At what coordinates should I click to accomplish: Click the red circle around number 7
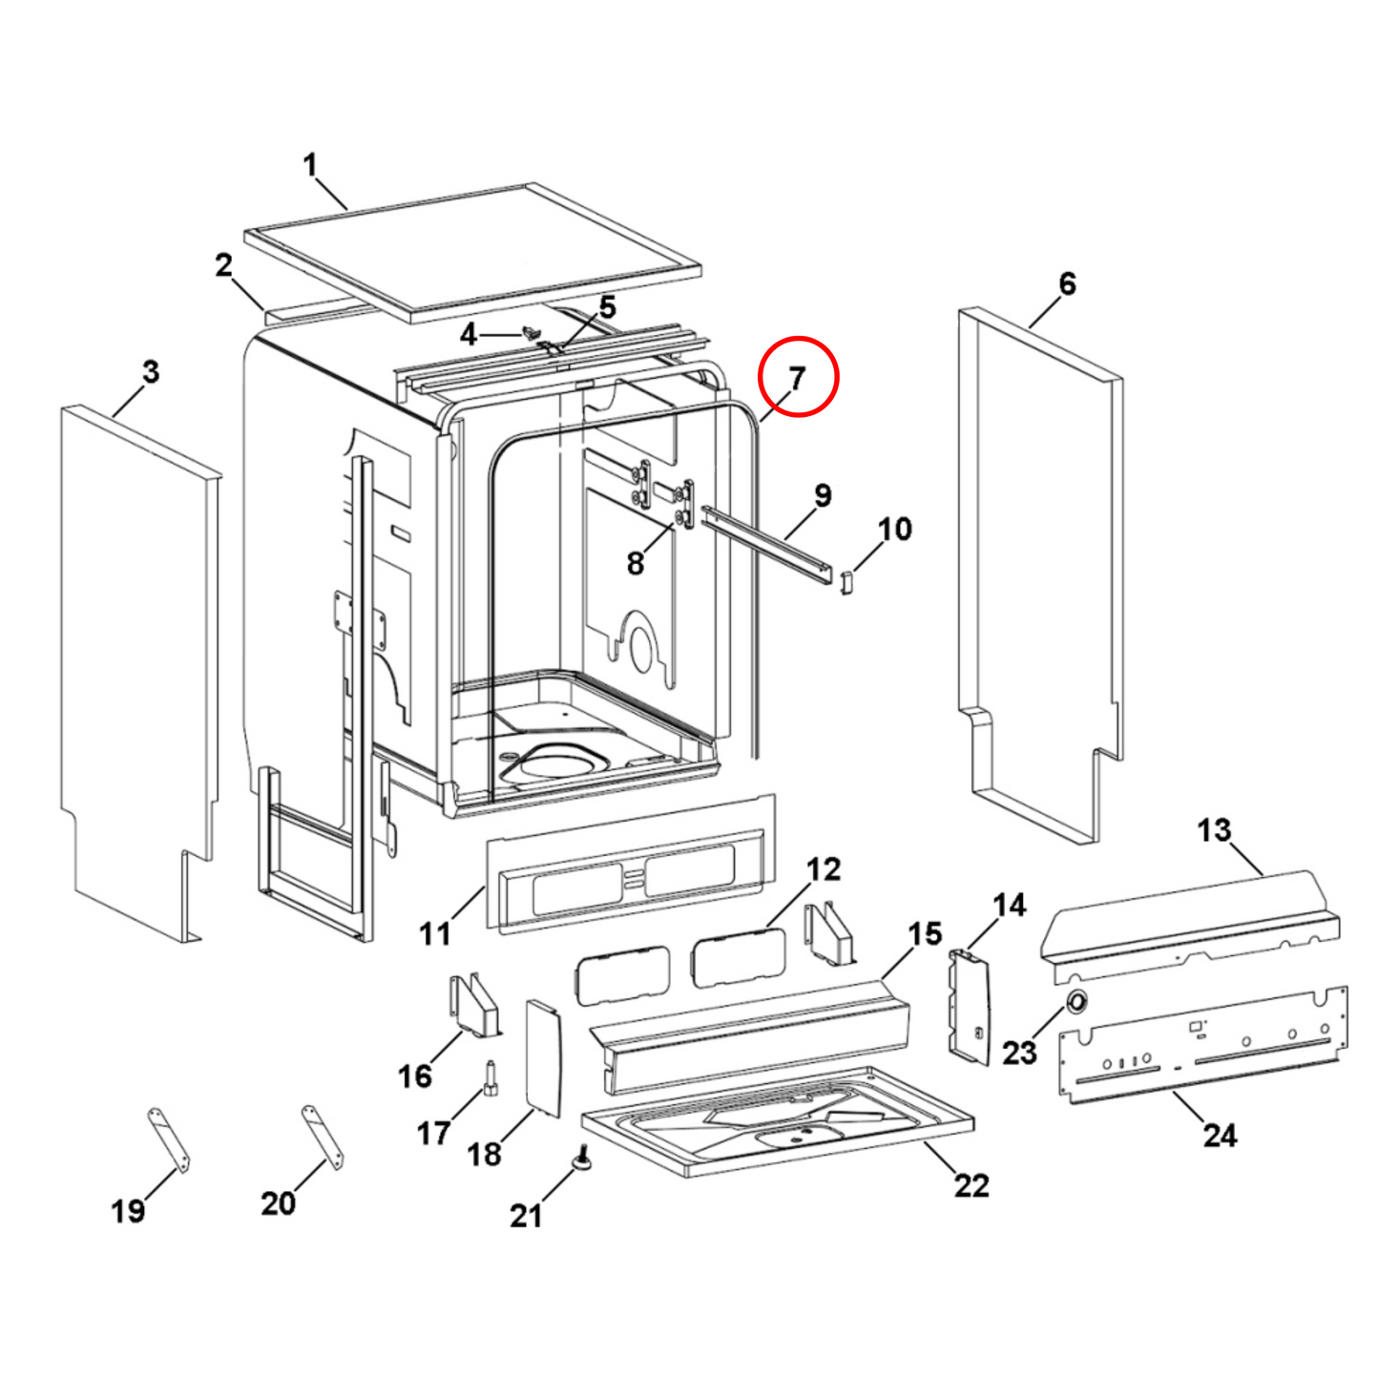coord(798,376)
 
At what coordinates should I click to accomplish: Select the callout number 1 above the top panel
coord(310,165)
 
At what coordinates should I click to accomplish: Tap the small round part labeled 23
coord(1076,1001)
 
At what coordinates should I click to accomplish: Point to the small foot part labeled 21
coord(581,1159)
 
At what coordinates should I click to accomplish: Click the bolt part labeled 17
coord(491,1079)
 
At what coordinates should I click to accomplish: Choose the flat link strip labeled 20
coord(323,1136)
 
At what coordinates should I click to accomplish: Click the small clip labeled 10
coord(845,580)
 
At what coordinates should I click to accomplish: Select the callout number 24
coord(1220,1135)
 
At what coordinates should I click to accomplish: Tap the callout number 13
coord(1214,830)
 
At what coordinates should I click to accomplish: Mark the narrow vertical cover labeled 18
coord(544,1056)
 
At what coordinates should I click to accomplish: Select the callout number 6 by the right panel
coord(1067,283)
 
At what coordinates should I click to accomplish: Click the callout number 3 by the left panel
coord(151,372)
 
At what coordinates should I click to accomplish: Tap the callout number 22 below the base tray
coord(972,1185)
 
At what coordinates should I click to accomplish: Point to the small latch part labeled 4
coord(532,332)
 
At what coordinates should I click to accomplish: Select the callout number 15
coord(924,933)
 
